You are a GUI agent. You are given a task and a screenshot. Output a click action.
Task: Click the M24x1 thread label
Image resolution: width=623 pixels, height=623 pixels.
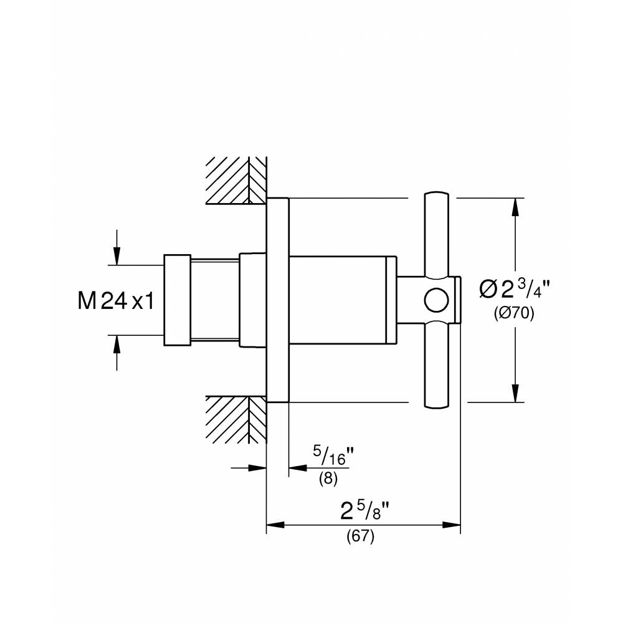click(x=116, y=300)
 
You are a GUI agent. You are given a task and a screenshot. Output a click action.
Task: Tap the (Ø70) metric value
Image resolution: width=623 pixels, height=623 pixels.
click(x=514, y=314)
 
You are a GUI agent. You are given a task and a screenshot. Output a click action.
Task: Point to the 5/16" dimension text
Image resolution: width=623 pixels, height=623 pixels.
click(x=333, y=455)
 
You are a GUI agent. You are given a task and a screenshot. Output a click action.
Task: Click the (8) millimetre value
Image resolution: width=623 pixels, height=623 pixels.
click(x=328, y=478)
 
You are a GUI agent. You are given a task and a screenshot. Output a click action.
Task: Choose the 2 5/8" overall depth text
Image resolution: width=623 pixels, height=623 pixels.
click(x=364, y=511)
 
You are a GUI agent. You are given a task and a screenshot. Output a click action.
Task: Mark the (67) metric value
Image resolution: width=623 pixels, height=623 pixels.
click(x=360, y=536)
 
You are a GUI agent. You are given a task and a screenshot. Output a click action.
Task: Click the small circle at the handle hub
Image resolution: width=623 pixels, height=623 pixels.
click(x=436, y=300)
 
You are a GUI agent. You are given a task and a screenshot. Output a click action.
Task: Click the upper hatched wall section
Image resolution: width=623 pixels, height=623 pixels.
click(x=236, y=181)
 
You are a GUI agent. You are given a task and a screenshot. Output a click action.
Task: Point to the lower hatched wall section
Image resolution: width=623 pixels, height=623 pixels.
click(x=236, y=419)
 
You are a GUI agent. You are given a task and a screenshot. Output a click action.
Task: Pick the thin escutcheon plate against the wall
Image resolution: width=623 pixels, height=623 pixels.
click(x=277, y=300)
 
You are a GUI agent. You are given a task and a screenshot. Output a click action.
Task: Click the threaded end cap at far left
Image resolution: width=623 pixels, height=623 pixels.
click(x=177, y=300)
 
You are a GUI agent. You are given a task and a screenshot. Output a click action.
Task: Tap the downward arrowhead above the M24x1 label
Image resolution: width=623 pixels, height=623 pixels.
click(x=117, y=256)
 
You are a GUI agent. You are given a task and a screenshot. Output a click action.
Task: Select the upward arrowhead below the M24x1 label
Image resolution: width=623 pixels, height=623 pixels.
click(x=117, y=345)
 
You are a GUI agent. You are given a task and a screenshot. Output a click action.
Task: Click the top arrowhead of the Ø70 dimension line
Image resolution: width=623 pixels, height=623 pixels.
click(x=515, y=207)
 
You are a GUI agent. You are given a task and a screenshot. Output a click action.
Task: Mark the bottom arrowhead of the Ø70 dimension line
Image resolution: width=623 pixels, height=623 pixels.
click(x=515, y=393)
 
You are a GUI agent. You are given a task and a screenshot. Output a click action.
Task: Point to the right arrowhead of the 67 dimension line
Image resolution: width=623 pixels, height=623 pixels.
click(x=451, y=525)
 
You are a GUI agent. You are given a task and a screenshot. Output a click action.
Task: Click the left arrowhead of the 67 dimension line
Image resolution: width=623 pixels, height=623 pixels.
click(x=275, y=525)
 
